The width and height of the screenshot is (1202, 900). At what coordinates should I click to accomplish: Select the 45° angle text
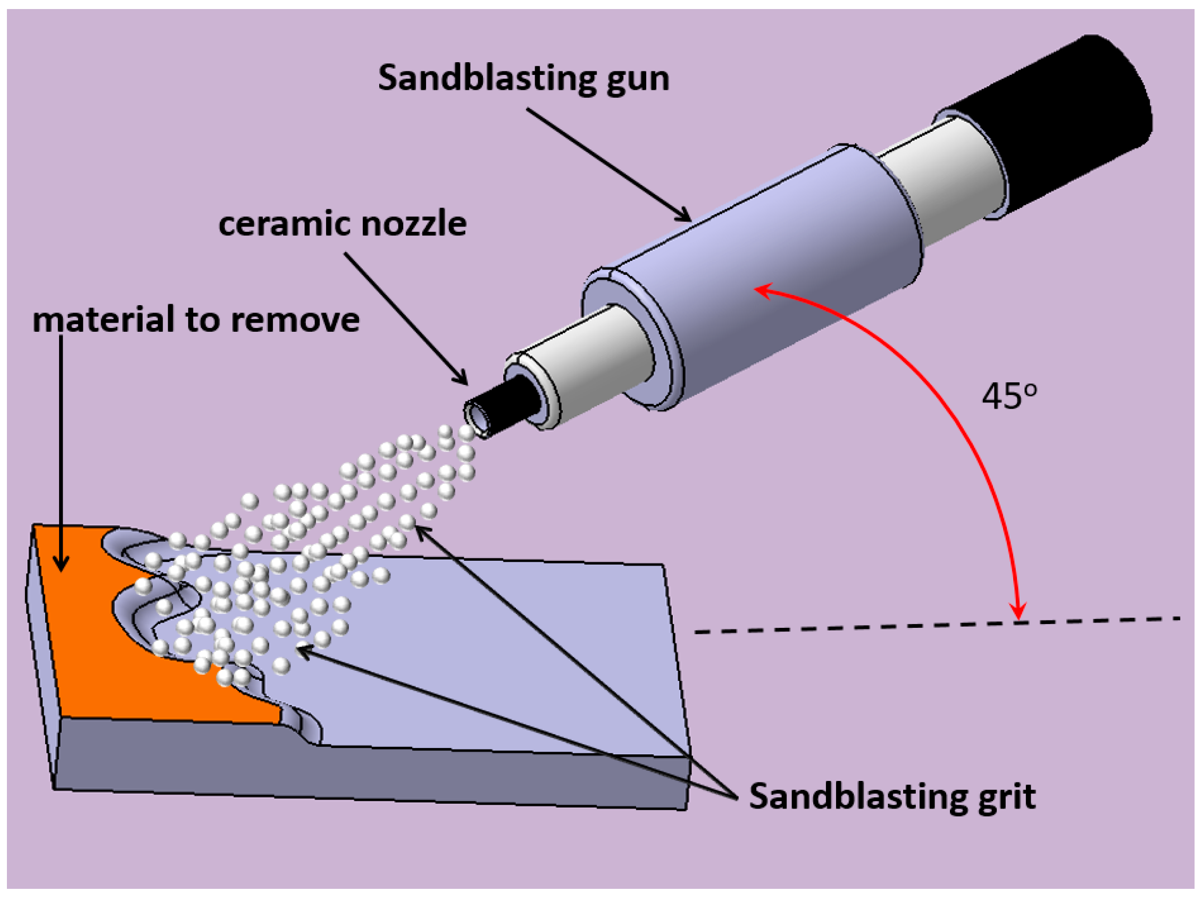pos(1008,397)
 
